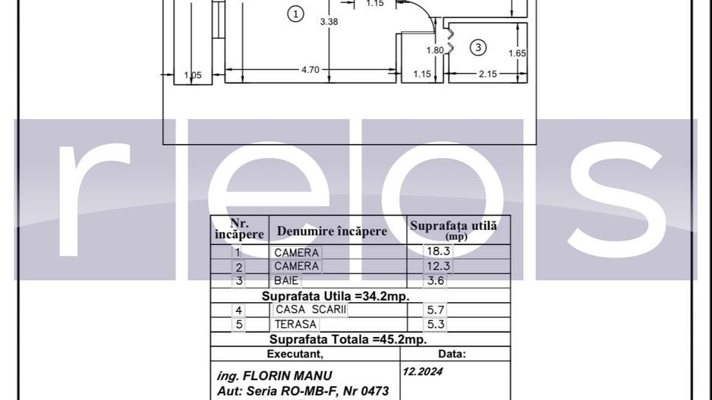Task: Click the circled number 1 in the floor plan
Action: pyautogui.click(x=296, y=14)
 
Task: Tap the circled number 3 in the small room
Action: pyautogui.click(x=477, y=48)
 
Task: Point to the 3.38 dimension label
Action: pyautogui.click(x=329, y=22)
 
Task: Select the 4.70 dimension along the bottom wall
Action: pyautogui.click(x=310, y=70)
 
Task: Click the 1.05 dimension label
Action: pyautogui.click(x=193, y=74)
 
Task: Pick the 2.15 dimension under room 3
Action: pyautogui.click(x=487, y=74)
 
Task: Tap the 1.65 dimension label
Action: pyautogui.click(x=517, y=53)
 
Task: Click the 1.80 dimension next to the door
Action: pyautogui.click(x=434, y=51)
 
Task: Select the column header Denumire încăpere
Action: pyautogui.click(x=332, y=231)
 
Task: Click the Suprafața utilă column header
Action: pyautogui.click(x=453, y=228)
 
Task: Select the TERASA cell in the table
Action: pyautogui.click(x=295, y=324)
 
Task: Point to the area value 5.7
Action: pyautogui.click(x=435, y=310)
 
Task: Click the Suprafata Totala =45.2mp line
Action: pyautogui.click(x=348, y=339)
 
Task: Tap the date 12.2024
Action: pyautogui.click(x=423, y=372)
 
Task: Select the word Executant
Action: pyautogui.click(x=295, y=354)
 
